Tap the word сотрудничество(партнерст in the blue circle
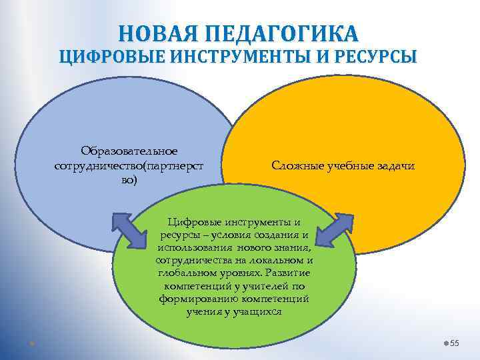tap(125, 165)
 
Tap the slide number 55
tap(455, 343)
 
